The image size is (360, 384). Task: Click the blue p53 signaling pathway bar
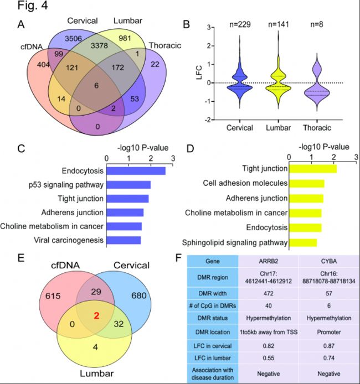pos(128,185)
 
